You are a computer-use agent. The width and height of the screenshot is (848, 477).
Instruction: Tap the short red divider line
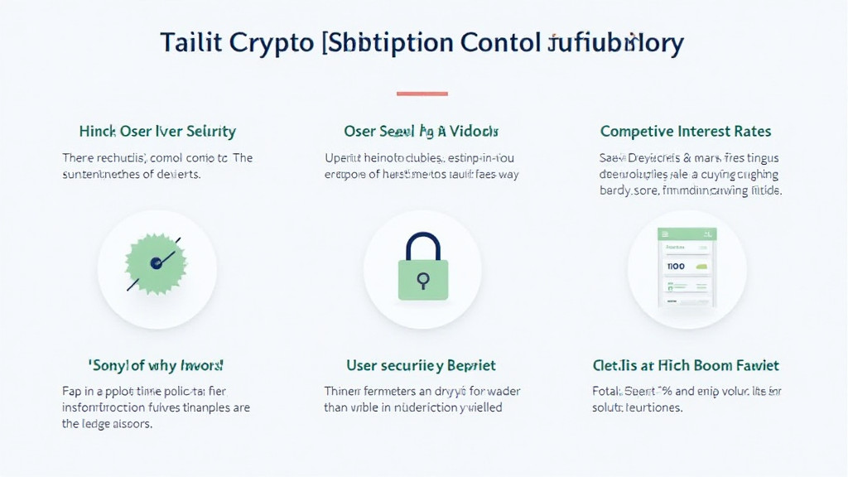coord(422,94)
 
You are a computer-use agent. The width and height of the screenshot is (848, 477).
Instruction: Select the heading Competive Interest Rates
coord(685,132)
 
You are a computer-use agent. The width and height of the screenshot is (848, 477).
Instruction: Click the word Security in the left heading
coord(210,132)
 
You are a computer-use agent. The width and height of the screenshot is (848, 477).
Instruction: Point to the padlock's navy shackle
coord(422,245)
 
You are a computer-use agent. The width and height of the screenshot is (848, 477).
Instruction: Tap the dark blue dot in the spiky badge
coord(155,263)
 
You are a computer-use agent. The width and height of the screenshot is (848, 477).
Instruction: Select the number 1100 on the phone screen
coord(676,267)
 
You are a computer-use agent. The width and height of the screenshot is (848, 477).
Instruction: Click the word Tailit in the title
coord(190,43)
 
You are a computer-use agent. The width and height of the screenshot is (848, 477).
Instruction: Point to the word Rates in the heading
coord(754,132)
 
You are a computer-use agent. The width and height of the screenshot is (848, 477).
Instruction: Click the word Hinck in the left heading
coord(98,132)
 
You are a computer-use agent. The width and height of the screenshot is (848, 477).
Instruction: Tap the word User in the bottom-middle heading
coord(363,365)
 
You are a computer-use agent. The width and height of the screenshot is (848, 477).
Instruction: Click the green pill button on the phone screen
coord(702,267)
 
